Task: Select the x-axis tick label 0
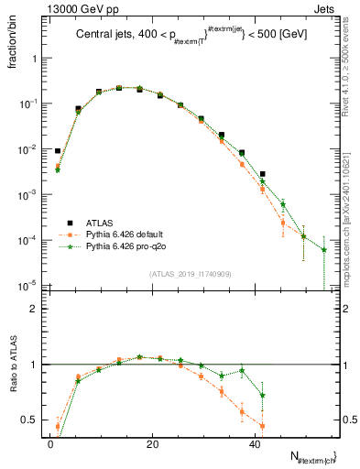coord(51,443)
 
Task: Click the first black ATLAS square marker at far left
coord(57,151)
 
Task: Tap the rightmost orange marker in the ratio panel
coord(262,426)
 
